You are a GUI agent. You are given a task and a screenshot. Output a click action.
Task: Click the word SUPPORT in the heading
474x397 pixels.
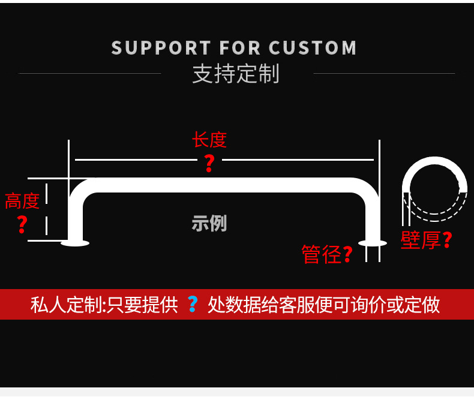tap(161, 48)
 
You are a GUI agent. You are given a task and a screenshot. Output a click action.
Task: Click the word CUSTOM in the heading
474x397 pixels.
tap(313, 48)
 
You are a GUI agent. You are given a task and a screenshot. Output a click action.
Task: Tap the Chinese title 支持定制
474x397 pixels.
tap(236, 74)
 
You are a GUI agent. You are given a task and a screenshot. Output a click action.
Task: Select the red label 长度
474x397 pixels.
tap(209, 140)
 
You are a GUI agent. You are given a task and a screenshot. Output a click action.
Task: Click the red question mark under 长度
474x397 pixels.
tap(209, 163)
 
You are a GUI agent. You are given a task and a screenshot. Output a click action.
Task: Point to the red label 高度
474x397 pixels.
tap(22, 201)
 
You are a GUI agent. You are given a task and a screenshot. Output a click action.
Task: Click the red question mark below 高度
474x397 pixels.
tap(22, 224)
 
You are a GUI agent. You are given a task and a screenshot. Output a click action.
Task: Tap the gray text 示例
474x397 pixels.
tap(209, 223)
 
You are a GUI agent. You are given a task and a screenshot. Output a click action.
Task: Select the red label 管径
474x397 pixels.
tap(321, 254)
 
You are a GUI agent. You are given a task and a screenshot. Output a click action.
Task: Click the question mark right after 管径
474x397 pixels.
tap(347, 254)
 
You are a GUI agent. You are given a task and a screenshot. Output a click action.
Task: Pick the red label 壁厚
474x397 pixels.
tap(420, 240)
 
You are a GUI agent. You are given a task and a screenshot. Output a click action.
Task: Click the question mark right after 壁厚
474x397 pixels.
tap(447, 240)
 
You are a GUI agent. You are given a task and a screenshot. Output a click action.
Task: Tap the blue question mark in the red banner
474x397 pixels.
tap(192, 304)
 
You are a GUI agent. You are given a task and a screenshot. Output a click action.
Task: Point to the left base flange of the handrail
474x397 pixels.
tap(75, 243)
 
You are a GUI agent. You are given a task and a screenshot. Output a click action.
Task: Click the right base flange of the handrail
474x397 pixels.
tap(373, 242)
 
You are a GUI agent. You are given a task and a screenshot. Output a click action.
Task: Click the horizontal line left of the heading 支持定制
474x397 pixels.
tap(90, 74)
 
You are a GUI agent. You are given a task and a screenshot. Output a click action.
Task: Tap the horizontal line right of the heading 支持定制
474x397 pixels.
tap(384, 74)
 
